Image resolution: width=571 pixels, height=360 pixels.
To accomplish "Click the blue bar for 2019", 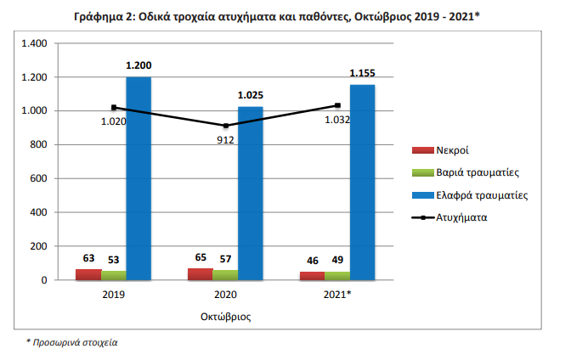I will [139, 178].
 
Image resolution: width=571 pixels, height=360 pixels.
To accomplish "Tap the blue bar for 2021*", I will [362, 182].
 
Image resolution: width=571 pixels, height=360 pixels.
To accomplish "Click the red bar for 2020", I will [201, 274].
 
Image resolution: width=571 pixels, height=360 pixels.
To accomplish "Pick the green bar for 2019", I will [113, 275].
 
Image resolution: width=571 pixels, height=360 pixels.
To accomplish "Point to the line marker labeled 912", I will [226, 126].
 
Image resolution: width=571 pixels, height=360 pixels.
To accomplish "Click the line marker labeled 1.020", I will [114, 108].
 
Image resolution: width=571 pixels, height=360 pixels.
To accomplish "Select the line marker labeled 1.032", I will [337, 105].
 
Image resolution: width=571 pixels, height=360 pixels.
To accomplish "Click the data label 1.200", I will [139, 65].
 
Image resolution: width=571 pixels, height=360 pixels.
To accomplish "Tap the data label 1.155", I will [363, 74].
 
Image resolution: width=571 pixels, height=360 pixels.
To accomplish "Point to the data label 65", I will [201, 256].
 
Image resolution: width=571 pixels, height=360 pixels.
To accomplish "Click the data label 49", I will [337, 259].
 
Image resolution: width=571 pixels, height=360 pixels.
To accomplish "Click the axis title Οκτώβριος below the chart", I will [225, 316].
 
